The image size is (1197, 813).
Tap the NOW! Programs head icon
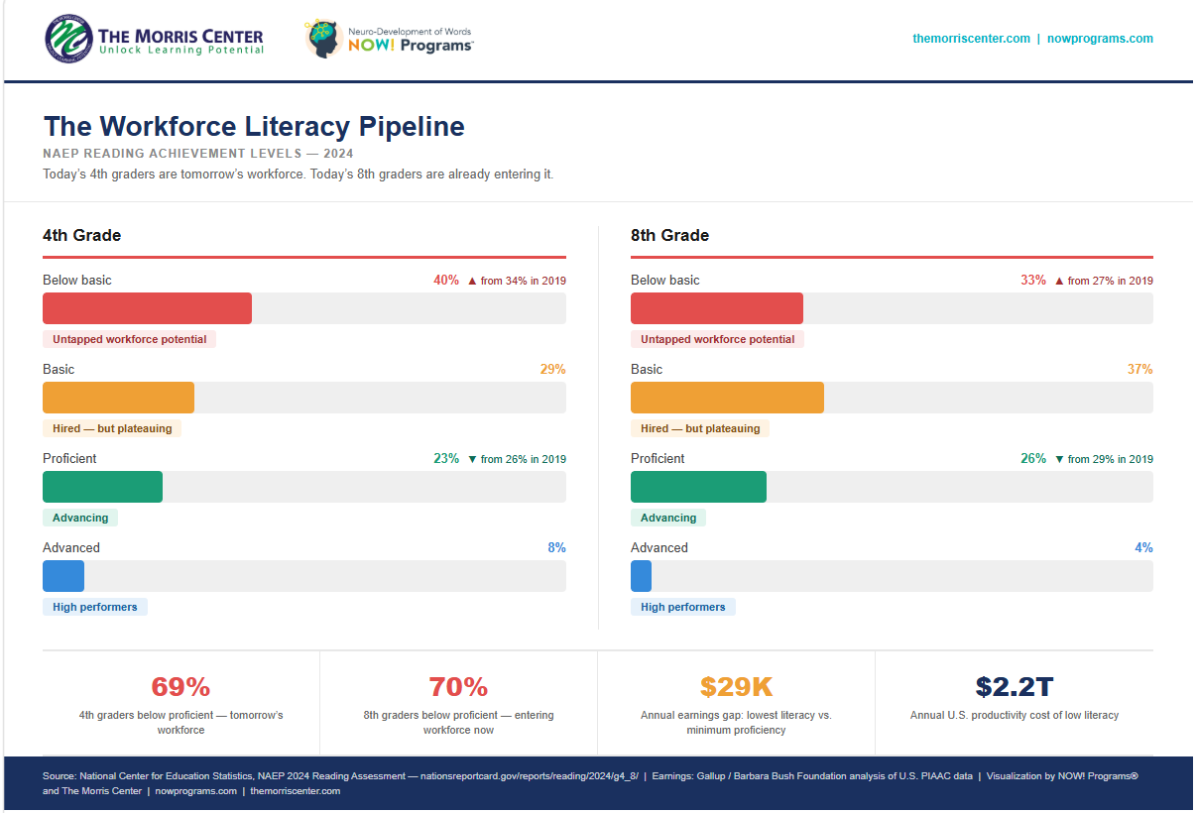pyautogui.click(x=323, y=39)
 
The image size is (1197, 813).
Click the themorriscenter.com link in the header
pyautogui.click(x=971, y=39)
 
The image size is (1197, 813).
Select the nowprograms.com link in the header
pyautogui.click(x=1100, y=39)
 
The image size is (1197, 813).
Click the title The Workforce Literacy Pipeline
pyautogui.click(x=254, y=127)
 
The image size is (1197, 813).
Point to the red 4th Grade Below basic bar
pyautogui.click(x=147, y=308)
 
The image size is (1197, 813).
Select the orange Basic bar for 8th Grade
pyautogui.click(x=727, y=398)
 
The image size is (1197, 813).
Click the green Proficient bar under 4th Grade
pyautogui.click(x=102, y=487)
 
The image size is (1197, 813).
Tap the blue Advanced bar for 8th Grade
pyautogui.click(x=641, y=576)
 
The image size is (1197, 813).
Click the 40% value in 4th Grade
pyautogui.click(x=446, y=281)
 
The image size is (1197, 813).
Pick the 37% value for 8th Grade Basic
pyautogui.click(x=1139, y=370)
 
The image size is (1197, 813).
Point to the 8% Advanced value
pyautogui.click(x=556, y=548)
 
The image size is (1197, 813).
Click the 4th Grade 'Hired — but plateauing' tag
pyautogui.click(x=112, y=428)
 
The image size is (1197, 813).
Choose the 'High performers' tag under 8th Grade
pyautogui.click(x=682, y=607)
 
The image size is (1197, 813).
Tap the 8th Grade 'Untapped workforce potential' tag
pyautogui.click(x=717, y=339)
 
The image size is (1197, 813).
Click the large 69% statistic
pyautogui.click(x=180, y=686)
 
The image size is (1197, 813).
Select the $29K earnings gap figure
pyautogui.click(x=736, y=686)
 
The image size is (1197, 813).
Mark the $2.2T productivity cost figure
pyautogui.click(x=1014, y=686)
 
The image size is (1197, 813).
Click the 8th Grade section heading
pyautogui.click(x=669, y=236)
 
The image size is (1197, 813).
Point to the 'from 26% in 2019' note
pyautogui.click(x=523, y=459)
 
